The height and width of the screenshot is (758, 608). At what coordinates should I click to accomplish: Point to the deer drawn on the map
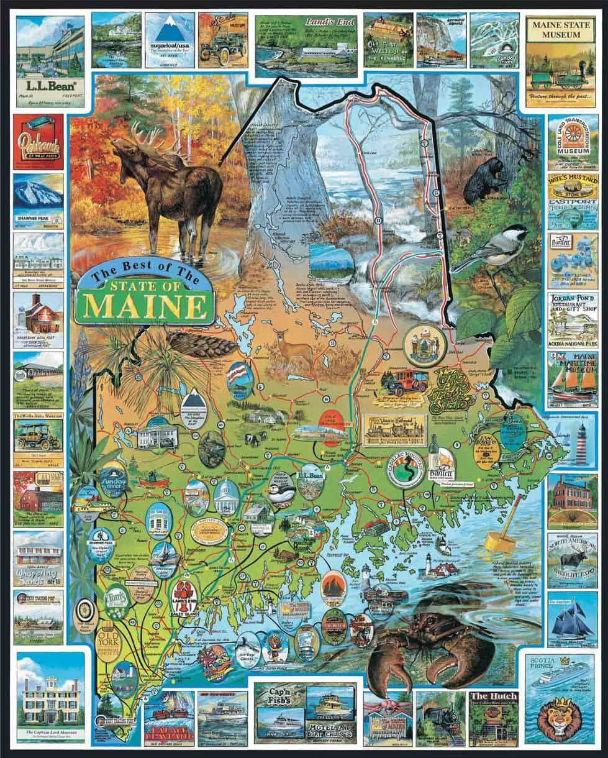[291, 351]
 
